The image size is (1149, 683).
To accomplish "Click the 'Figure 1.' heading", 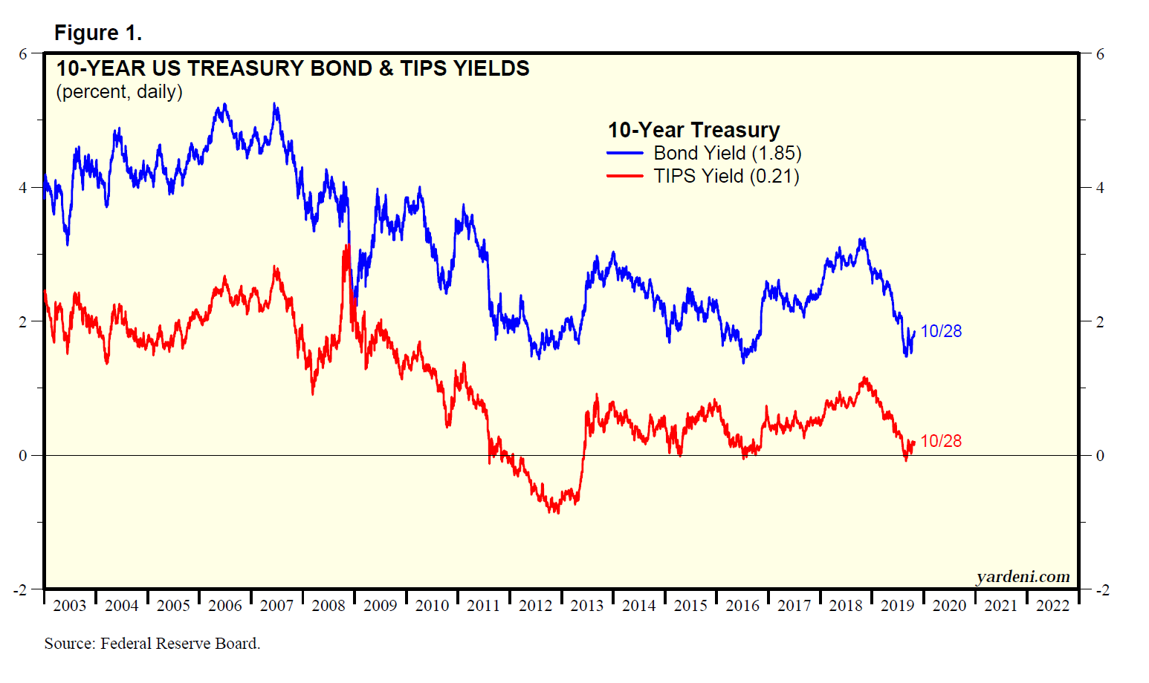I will [x=98, y=33].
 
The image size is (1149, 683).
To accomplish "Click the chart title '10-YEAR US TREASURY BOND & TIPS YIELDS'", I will [x=293, y=68].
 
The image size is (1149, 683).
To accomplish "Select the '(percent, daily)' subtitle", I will [x=119, y=92].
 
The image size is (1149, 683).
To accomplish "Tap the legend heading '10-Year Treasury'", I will [x=693, y=130].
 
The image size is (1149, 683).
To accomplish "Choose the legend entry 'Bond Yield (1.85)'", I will [x=727, y=154].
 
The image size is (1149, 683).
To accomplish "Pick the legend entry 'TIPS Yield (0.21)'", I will [x=726, y=177].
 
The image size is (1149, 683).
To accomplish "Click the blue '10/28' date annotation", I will [x=941, y=332].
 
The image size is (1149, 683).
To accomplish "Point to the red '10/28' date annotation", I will [x=941, y=441].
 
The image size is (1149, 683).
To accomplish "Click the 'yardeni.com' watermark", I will [x=1023, y=577].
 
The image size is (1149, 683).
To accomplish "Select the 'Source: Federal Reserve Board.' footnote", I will [x=152, y=644].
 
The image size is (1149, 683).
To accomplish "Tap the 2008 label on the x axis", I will [x=328, y=606].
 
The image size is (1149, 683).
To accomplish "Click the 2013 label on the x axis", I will [x=587, y=606].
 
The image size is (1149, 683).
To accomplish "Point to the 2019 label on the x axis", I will [x=897, y=606].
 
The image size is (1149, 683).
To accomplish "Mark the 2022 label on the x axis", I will [x=1052, y=606].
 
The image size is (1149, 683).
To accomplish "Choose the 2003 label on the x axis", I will [x=70, y=606].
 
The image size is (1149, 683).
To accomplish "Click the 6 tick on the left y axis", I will [x=23, y=54].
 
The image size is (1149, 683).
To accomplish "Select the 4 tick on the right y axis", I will [x=1100, y=188].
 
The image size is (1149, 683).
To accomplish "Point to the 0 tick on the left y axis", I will [x=23, y=456].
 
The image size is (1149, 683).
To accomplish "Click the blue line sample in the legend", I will [x=625, y=154].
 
